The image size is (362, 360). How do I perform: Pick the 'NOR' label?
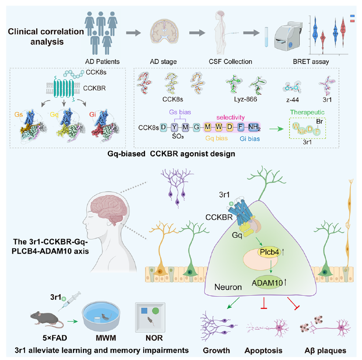pos(150,346)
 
